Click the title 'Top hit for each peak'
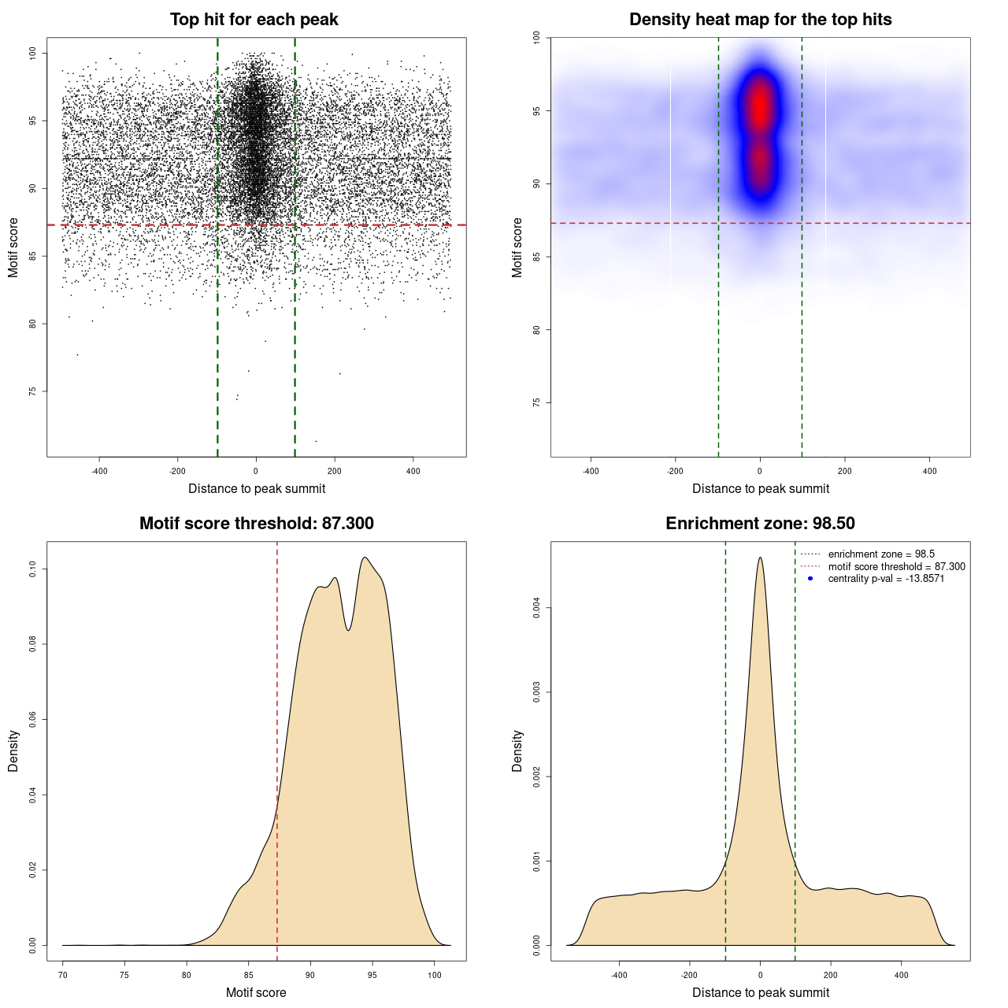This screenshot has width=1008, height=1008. click(254, 20)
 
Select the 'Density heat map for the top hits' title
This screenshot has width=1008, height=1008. click(760, 20)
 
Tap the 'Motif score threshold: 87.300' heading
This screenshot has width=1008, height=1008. click(256, 524)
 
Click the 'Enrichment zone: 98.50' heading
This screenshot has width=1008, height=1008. click(760, 524)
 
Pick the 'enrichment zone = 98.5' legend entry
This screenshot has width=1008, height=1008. click(881, 554)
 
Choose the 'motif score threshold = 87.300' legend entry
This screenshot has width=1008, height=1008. click(896, 566)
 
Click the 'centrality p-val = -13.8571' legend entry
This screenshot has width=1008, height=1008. click(886, 579)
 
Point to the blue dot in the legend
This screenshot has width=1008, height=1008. click(810, 579)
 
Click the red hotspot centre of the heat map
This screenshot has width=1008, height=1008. click(760, 106)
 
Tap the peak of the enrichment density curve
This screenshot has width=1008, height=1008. click(760, 558)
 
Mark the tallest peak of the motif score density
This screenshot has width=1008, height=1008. click(365, 558)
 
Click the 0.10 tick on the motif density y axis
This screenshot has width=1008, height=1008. click(32, 569)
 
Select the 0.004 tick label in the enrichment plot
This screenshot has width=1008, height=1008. click(536, 608)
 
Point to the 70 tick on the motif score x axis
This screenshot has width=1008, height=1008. click(63, 975)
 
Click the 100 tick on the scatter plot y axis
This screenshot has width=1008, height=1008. click(32, 53)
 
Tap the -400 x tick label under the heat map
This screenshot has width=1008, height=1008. click(591, 471)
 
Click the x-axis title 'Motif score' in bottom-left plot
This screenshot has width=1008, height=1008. click(256, 992)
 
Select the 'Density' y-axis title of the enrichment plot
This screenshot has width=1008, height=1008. click(517, 750)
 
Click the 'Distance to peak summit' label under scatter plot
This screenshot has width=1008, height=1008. click(257, 488)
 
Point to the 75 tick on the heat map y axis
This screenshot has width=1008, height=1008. click(536, 402)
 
